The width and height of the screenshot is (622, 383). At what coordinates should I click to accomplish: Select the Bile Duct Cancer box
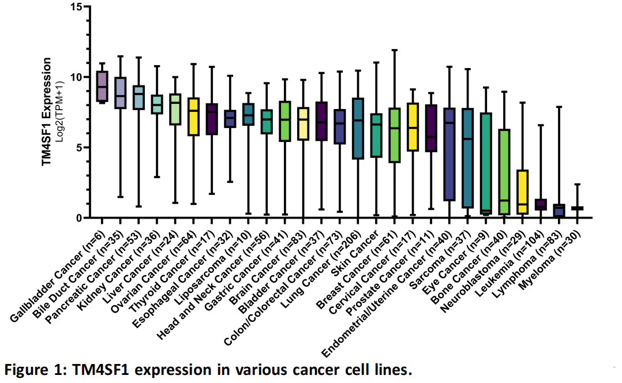click(x=120, y=93)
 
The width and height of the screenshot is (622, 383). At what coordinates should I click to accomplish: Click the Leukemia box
click(x=541, y=204)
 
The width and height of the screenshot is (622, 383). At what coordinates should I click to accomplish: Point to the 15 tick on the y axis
click(x=82, y=6)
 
